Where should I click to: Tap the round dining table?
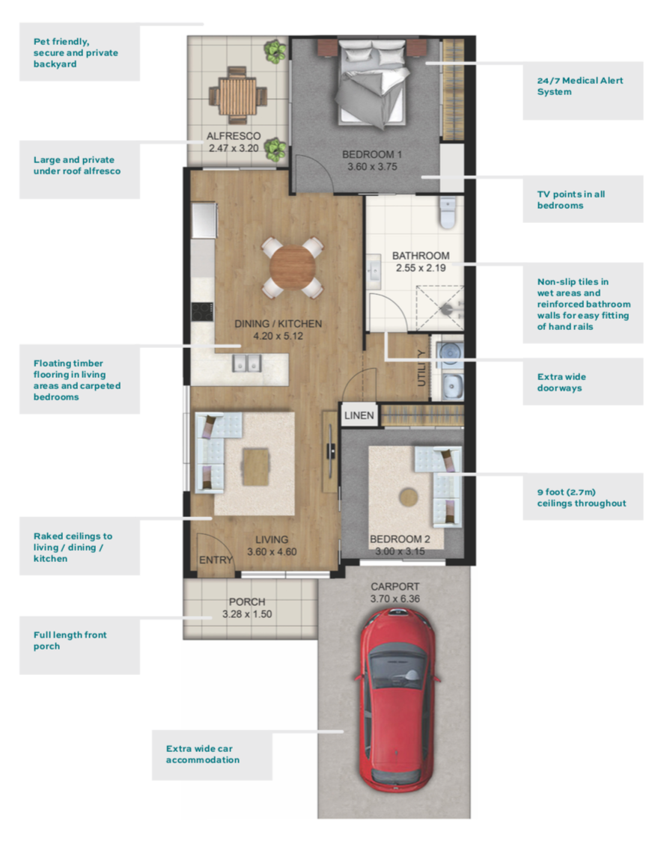pos(293,267)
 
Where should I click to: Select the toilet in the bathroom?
pos(448,212)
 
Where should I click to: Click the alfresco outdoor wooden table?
pos(238,97)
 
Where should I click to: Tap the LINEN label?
pos(359,415)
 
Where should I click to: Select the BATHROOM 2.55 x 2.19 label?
pos(421,261)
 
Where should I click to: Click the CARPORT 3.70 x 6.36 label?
pos(395,593)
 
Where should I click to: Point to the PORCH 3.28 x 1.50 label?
pos(247,608)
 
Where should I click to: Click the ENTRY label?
pos(216,560)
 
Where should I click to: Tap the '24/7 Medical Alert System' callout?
pos(580,86)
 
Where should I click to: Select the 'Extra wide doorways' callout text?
pos(561,382)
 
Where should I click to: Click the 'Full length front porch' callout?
pos(70,640)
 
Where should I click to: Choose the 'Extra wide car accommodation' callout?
pos(203,754)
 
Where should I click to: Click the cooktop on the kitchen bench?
pos(202,313)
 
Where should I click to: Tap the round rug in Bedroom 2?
pos(409,498)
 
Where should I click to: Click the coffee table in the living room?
pos(255,467)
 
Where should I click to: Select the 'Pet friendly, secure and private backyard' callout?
pos(76,52)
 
